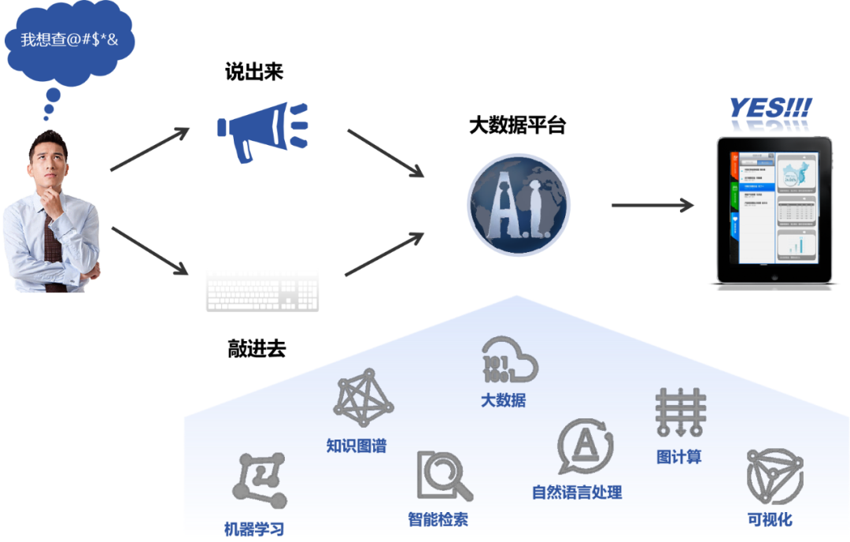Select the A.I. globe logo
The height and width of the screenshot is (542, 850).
519,206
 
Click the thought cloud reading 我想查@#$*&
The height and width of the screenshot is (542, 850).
69,39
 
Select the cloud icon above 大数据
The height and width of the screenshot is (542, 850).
509,360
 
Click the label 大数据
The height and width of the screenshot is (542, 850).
504,400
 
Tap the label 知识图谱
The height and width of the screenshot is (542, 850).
357,446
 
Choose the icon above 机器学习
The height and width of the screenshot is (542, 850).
259,480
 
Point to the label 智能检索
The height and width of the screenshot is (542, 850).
438,519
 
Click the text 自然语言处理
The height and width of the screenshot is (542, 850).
577,492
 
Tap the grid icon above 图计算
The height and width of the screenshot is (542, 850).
680,412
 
